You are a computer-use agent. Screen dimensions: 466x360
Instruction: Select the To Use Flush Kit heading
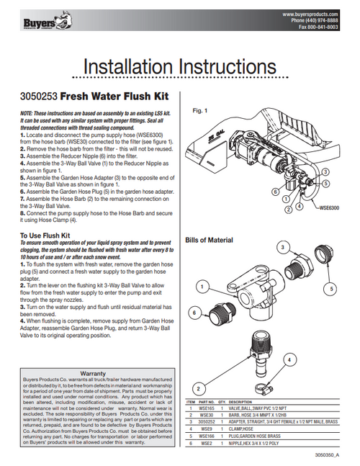pos(44,234)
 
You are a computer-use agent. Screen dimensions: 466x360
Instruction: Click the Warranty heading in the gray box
pos(93,374)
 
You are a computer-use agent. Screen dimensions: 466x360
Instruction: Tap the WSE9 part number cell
pos(205,427)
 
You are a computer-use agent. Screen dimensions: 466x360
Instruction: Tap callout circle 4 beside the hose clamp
pos(289,359)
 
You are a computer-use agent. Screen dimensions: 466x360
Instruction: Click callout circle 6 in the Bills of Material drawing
pos(194,313)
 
